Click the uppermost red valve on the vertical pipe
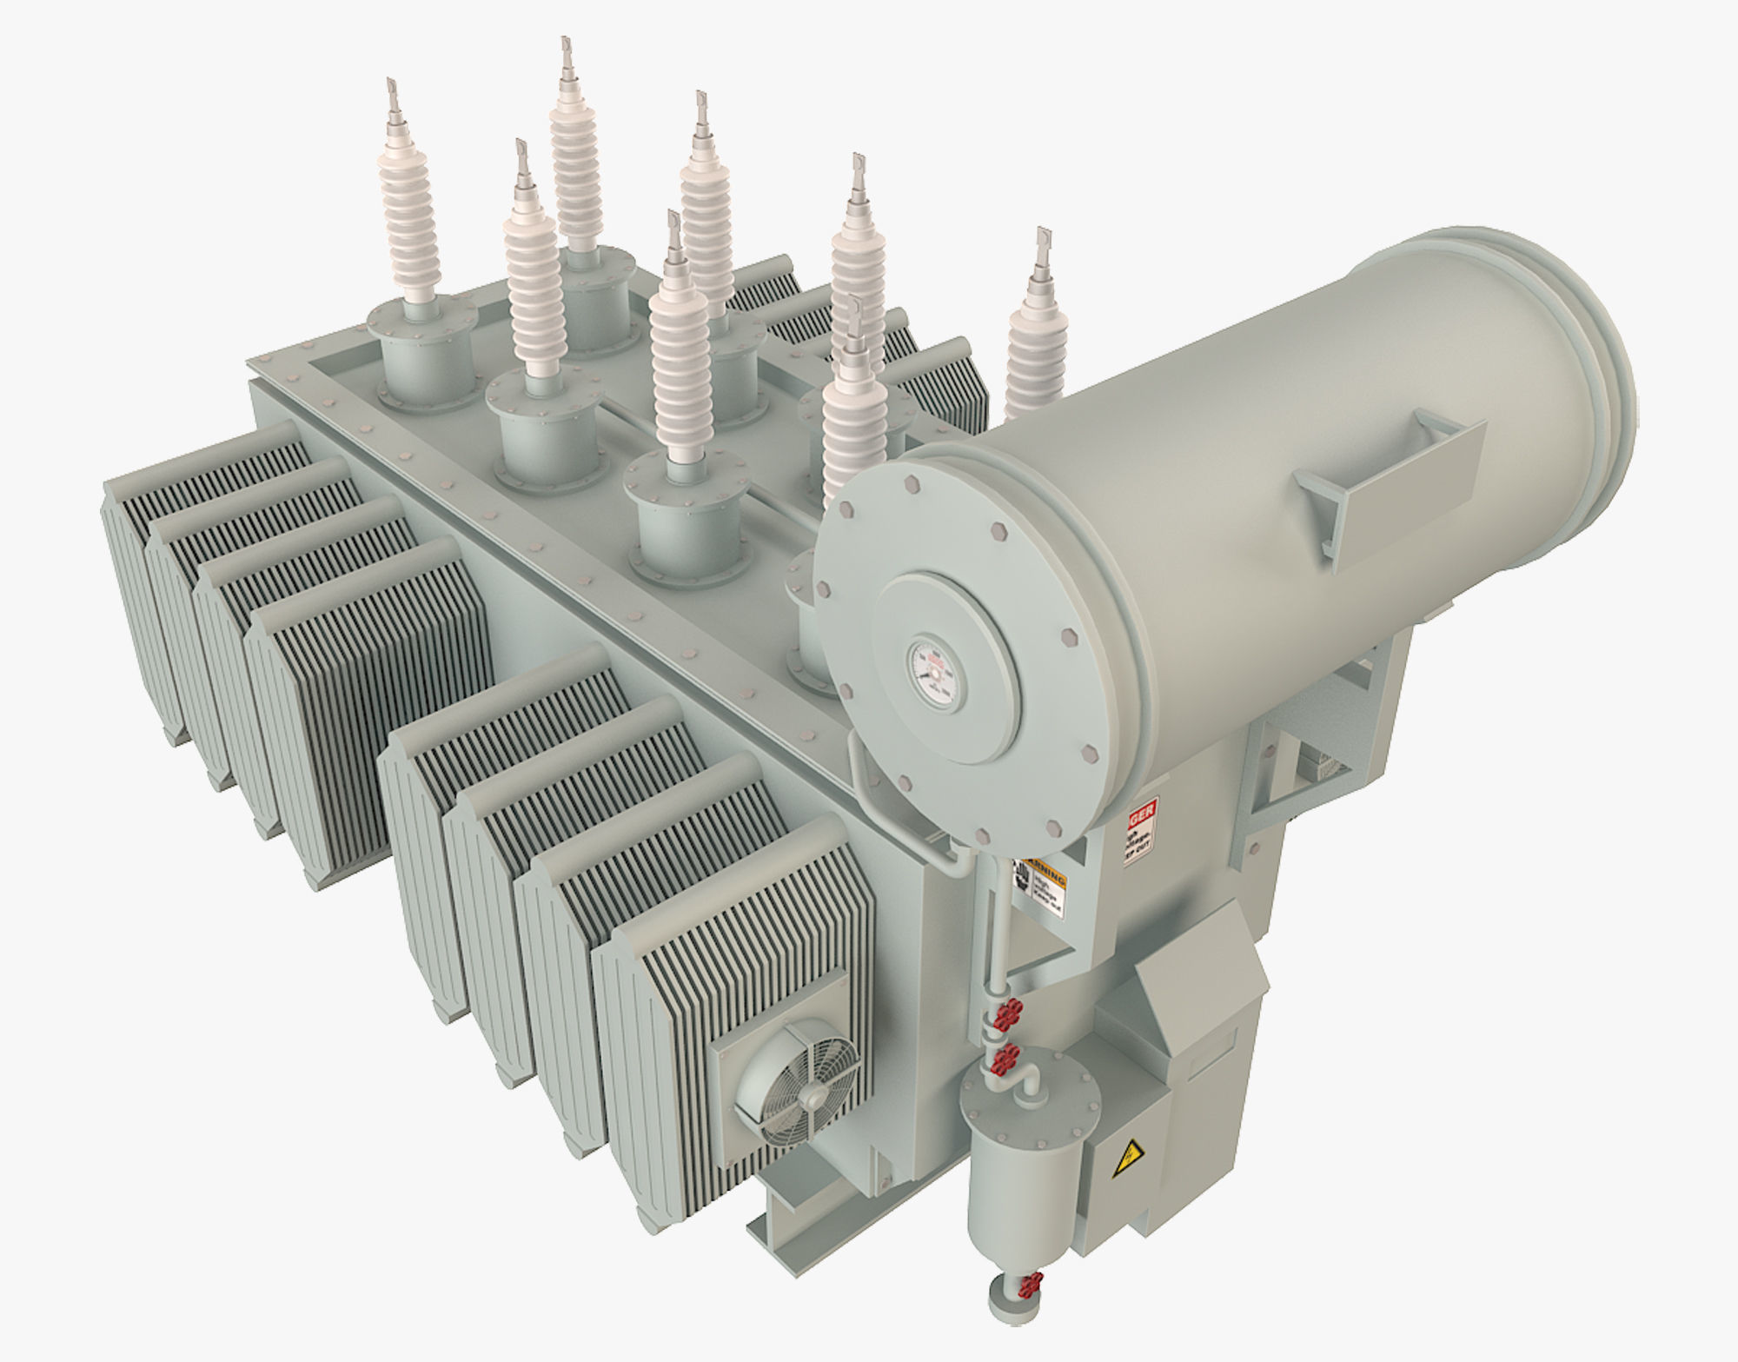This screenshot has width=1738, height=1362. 1008,1013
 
